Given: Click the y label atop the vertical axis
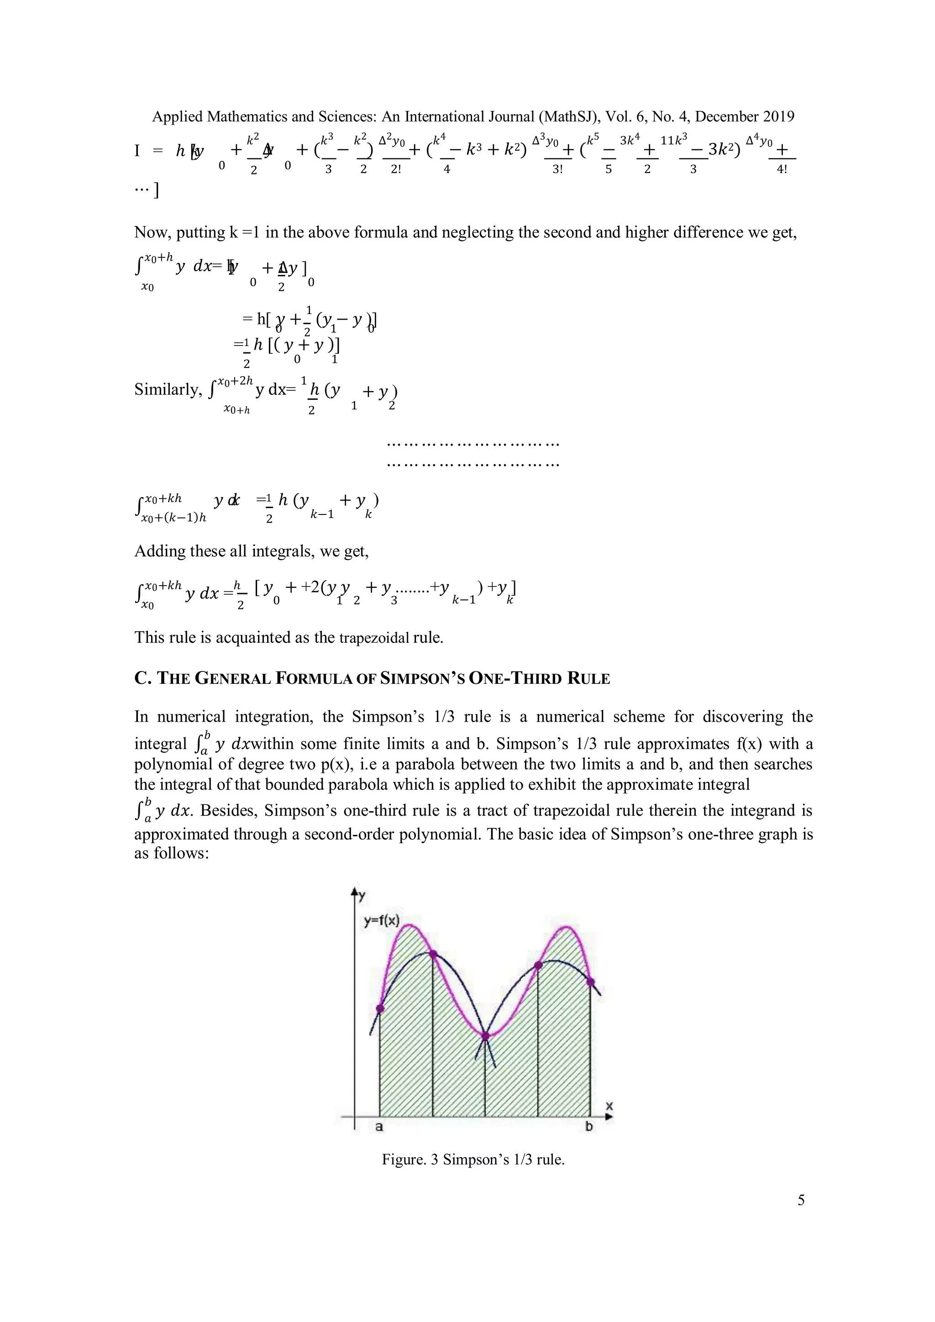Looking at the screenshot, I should pyautogui.click(x=362, y=895).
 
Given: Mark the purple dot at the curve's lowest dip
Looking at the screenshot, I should pyautogui.click(x=485, y=1036).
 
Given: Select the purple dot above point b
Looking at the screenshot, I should pyautogui.click(x=591, y=981).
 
